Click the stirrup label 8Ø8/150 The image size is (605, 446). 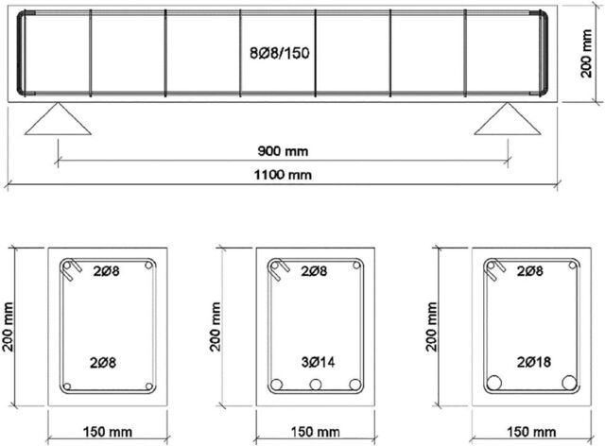pyautogui.click(x=280, y=53)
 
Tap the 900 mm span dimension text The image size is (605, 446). pyautogui.click(x=283, y=151)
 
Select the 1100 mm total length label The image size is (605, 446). pyautogui.click(x=283, y=175)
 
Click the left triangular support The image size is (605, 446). pyautogui.click(x=58, y=119)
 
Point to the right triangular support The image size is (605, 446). pyautogui.click(x=508, y=119)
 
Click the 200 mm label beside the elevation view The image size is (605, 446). pyautogui.click(x=586, y=53)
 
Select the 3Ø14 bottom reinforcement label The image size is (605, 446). pyautogui.click(x=318, y=362)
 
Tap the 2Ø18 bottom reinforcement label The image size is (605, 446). pyautogui.click(x=534, y=362)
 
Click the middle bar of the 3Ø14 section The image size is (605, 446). pyautogui.click(x=316, y=385)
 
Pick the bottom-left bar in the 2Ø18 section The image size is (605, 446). pyautogui.click(x=494, y=383)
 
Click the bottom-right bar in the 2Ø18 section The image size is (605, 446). pyautogui.click(x=569, y=383)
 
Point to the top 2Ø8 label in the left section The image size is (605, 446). pyautogui.click(x=107, y=271)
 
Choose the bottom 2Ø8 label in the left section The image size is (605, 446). pyautogui.click(x=103, y=363)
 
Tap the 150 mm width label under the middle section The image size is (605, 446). pyautogui.click(x=315, y=432)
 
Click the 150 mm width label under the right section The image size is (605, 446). pyautogui.click(x=531, y=432)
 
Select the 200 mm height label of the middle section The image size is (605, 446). pyautogui.click(x=216, y=326)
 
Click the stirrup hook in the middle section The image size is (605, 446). pyautogui.click(x=280, y=269)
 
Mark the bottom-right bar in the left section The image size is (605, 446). pyautogui.click(x=149, y=386)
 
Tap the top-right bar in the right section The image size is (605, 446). pyautogui.click(x=573, y=266)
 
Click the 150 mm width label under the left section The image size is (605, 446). pyautogui.click(x=108, y=432)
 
